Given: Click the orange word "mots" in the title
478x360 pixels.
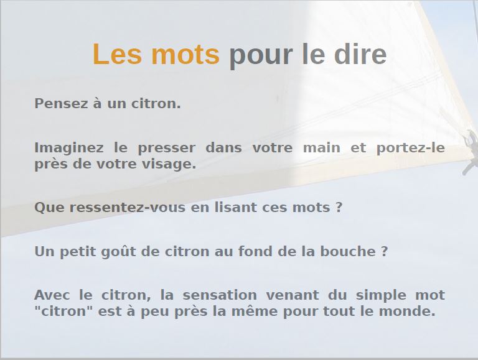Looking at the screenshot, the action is (x=185, y=54).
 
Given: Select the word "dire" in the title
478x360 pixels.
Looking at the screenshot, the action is (x=360, y=53).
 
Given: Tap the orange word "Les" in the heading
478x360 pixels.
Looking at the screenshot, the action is (x=117, y=53).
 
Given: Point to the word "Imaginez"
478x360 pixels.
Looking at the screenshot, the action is (x=69, y=149).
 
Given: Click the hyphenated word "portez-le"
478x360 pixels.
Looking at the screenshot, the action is (x=411, y=149).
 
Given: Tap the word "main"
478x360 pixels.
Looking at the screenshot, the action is (x=322, y=148).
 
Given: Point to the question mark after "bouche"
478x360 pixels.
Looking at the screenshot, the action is (x=384, y=252).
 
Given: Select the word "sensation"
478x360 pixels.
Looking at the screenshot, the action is (x=220, y=295).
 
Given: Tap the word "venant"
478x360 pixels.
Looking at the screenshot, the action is (x=293, y=295).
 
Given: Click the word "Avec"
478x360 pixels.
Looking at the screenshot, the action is (x=52, y=295).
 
